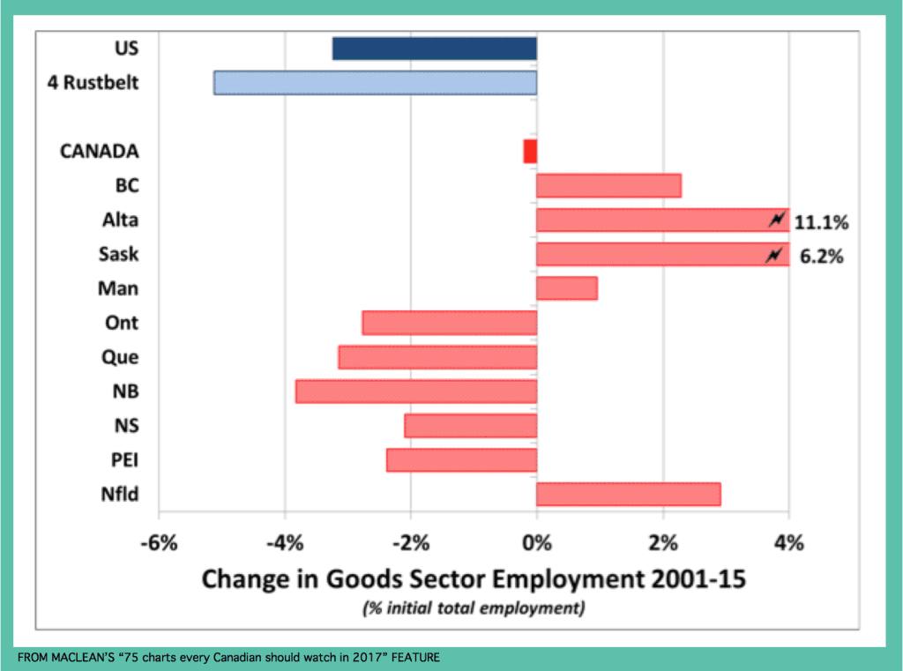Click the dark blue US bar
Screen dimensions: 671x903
[x=434, y=48]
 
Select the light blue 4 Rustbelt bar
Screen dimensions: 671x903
[x=375, y=83]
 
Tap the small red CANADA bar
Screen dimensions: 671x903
[x=530, y=151]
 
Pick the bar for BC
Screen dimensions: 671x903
[x=608, y=186]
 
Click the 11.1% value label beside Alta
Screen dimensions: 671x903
[x=821, y=222]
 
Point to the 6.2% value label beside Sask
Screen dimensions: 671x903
[x=821, y=257]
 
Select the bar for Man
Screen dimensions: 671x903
[x=566, y=288]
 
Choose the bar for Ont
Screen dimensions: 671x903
[x=449, y=323]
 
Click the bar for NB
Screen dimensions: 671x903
[x=416, y=391]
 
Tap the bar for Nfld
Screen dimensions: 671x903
[x=628, y=495]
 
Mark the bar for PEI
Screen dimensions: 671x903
[x=461, y=460]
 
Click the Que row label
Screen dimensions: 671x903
[x=120, y=357]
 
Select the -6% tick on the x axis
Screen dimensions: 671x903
[x=159, y=541]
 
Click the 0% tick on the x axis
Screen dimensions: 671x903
[x=536, y=541]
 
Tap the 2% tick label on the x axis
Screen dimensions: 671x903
[x=663, y=541]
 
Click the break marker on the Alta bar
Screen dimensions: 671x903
[x=777, y=220]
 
